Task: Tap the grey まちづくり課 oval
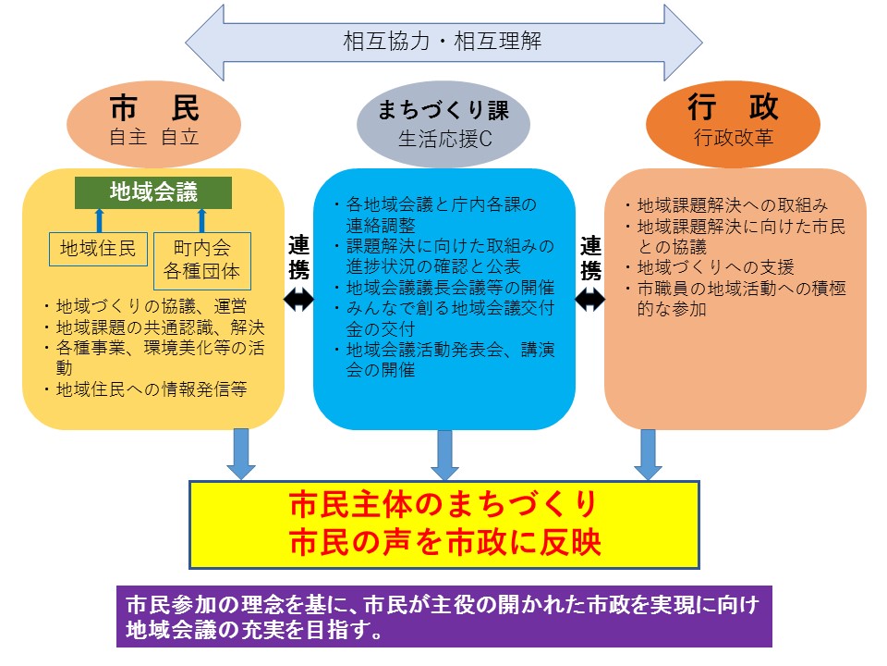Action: pyautogui.click(x=443, y=124)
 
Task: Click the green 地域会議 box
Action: pyautogui.click(x=153, y=192)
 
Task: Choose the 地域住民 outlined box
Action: pyautogui.click(x=98, y=248)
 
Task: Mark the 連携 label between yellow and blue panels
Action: pyautogui.click(x=298, y=258)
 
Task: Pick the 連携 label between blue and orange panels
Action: pyautogui.click(x=590, y=258)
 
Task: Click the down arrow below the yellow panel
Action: pyautogui.click(x=241, y=453)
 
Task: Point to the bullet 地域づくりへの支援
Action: pyautogui.click(x=715, y=268)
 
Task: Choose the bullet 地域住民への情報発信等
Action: pyautogui.click(x=149, y=389)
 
